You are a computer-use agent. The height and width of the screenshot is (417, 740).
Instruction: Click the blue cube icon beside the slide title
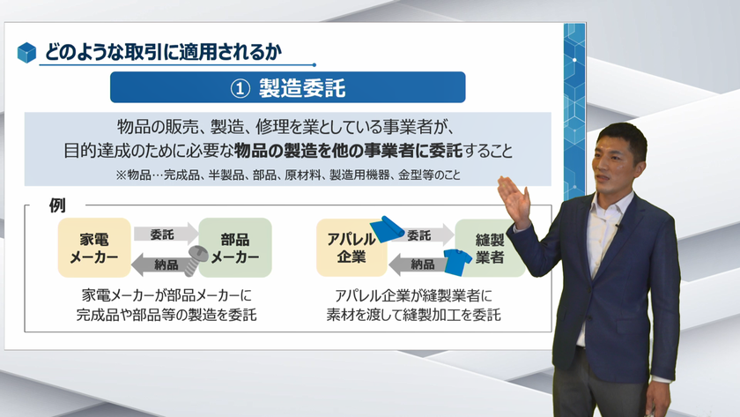[x=27, y=52]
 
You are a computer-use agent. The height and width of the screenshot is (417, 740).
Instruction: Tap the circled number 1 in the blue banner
[x=240, y=88]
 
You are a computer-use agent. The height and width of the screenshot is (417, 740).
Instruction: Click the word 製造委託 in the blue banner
[x=302, y=88]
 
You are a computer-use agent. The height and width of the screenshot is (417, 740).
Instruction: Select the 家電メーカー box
[x=94, y=248]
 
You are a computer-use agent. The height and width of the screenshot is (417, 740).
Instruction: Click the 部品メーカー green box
[x=235, y=248]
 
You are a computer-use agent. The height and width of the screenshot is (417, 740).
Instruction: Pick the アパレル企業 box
[x=351, y=248]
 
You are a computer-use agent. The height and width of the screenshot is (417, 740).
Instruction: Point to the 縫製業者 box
[x=490, y=248]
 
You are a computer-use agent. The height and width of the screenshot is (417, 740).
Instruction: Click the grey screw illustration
[x=196, y=260]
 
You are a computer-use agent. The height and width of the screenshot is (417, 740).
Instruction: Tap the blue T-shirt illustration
[x=457, y=262]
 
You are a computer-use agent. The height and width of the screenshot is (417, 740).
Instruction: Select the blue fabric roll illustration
[x=387, y=229]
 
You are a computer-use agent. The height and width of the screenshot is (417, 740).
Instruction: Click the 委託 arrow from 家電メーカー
[x=166, y=235]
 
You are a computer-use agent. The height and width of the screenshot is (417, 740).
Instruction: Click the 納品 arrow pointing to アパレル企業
[x=418, y=264]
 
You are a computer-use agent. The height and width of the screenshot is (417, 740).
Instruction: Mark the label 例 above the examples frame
[x=57, y=205]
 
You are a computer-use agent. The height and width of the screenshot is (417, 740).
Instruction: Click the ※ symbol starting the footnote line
[x=121, y=175]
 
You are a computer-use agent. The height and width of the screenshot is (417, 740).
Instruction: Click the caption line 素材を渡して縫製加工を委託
[x=413, y=315]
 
